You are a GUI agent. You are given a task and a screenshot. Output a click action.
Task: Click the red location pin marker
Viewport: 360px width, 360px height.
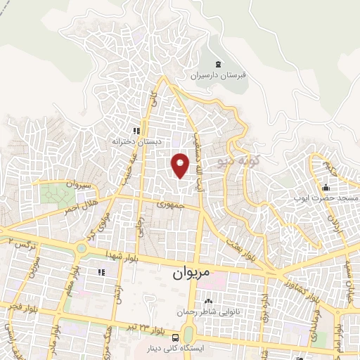coord(181,165)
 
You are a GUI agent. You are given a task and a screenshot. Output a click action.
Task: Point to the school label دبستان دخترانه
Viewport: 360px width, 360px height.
coord(137,141)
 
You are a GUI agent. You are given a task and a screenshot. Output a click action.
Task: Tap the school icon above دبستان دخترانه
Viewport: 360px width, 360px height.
coord(137,131)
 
